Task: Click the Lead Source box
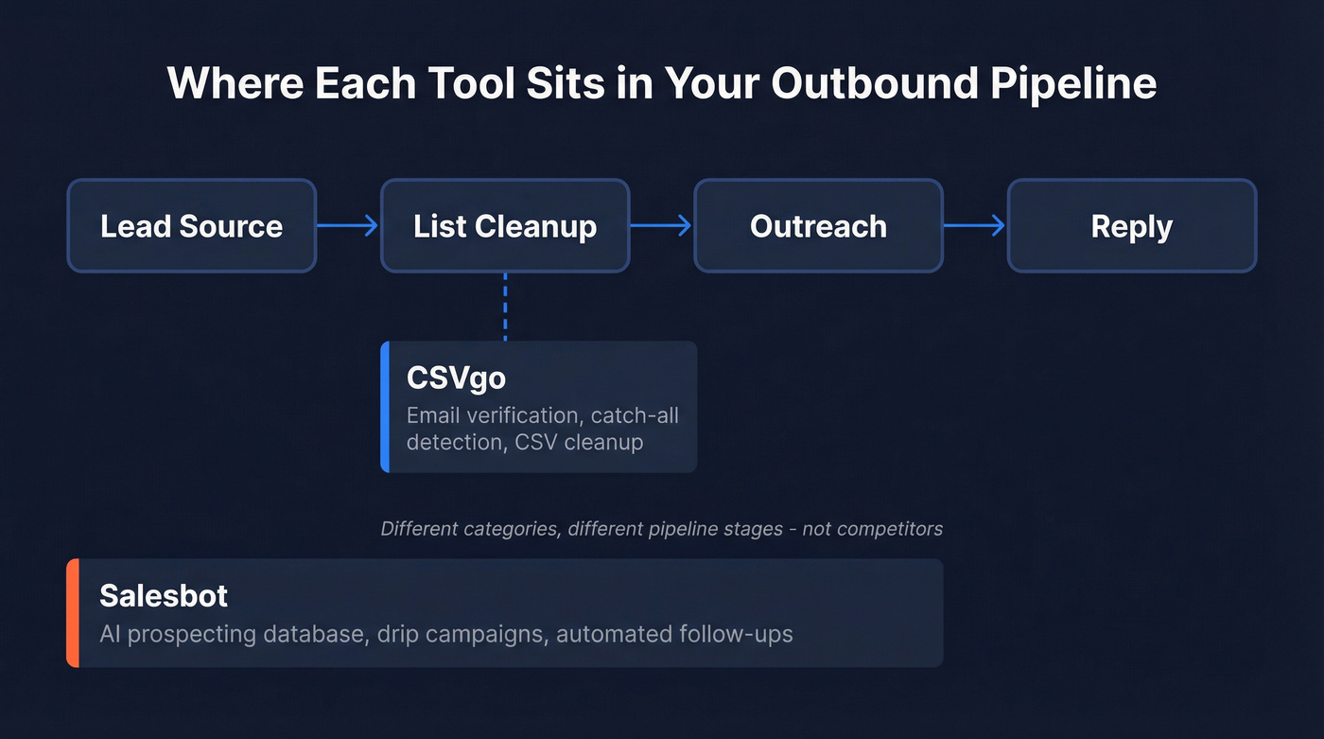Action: (x=191, y=226)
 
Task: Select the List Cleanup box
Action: (x=505, y=226)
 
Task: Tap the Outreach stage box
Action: (x=818, y=226)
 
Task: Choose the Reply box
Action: (x=1131, y=226)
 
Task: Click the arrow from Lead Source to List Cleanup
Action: (x=347, y=225)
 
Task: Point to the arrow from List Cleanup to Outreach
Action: (x=661, y=225)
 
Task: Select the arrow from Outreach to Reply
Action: (x=974, y=225)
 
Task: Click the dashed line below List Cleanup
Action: (x=505, y=307)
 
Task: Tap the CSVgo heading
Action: (x=456, y=378)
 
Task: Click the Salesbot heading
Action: (x=164, y=595)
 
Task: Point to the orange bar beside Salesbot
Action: (x=73, y=613)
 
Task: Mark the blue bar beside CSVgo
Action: (x=385, y=407)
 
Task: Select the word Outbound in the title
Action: (x=873, y=83)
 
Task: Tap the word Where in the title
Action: (x=235, y=83)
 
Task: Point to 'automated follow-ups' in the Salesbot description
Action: (x=674, y=633)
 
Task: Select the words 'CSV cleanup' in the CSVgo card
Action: (x=579, y=442)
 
